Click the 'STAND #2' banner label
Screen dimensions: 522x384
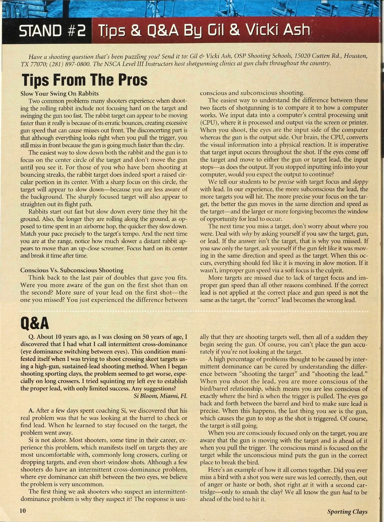click(52, 31)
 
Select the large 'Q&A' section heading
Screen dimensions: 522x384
click(35, 323)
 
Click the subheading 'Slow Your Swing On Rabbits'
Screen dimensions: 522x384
click(60, 94)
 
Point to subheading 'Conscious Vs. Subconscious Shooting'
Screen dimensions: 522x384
click(72, 270)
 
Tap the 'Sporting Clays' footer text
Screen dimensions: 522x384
click(347, 511)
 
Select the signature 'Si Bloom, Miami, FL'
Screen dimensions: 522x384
click(160, 396)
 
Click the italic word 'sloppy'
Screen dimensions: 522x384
click(360, 182)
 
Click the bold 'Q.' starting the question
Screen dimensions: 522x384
click(32, 337)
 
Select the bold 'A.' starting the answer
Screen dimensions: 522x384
click(31, 411)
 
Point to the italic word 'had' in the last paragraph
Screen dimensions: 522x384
click(347, 492)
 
